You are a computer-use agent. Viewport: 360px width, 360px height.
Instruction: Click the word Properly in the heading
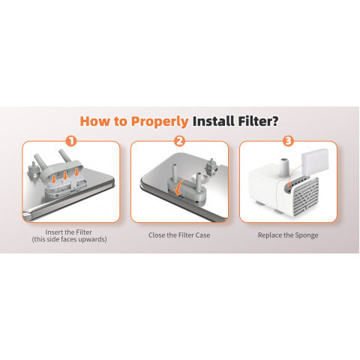tap(160, 121)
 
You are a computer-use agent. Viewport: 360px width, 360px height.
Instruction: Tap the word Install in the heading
tap(214, 121)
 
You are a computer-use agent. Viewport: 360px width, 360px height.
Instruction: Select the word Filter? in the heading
tap(258, 121)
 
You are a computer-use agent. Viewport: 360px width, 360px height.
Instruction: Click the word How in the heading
tap(95, 121)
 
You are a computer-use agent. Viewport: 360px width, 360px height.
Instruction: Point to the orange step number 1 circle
tap(71, 141)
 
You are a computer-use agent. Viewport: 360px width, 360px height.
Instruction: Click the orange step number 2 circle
tap(179, 141)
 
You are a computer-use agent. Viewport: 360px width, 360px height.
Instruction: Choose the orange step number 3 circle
tap(288, 141)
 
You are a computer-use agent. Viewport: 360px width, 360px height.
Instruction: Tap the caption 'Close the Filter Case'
tap(179, 235)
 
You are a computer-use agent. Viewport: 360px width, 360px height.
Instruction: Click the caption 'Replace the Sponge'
tap(288, 235)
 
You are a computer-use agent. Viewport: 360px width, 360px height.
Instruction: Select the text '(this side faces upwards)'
tap(69, 239)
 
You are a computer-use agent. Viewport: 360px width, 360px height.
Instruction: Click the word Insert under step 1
tap(53, 232)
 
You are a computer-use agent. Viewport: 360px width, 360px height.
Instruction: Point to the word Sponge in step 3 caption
tap(307, 235)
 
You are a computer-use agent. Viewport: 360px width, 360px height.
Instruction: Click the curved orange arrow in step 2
tap(179, 187)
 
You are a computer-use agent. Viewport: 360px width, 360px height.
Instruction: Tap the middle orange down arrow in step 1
tap(65, 175)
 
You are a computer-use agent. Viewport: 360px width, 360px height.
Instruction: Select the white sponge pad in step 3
tap(315, 161)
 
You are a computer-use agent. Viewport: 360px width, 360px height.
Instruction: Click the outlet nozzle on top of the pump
tap(284, 166)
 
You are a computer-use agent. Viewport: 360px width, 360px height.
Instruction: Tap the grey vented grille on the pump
tap(305, 194)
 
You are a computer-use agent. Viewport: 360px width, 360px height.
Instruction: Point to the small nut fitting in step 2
tap(211, 166)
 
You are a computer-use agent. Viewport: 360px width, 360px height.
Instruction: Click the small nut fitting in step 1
tap(33, 170)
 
